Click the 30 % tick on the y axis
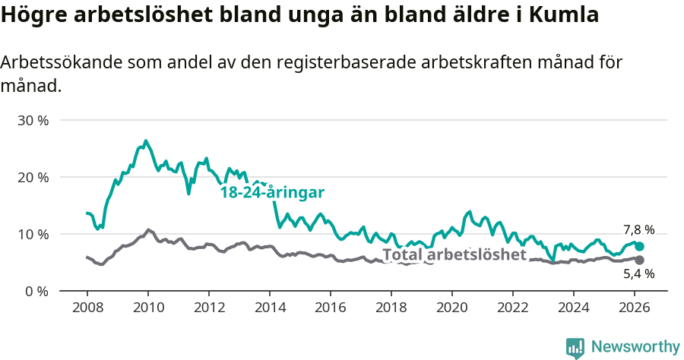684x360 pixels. (x=33, y=121)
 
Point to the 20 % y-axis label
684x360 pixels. (x=33, y=177)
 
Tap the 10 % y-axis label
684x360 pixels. (x=33, y=234)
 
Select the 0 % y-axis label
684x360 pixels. (x=36, y=291)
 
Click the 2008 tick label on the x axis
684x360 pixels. (x=87, y=307)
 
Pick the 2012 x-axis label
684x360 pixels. (x=208, y=307)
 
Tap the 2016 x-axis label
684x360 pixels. (x=330, y=307)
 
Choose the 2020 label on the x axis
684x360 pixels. (x=451, y=307)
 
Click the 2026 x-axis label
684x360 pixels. (x=634, y=307)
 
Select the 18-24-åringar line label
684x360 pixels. (x=272, y=192)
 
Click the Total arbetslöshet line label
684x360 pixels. (x=454, y=254)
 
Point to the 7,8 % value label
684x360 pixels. (x=638, y=229)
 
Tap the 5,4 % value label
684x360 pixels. (x=638, y=273)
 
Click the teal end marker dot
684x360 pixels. (x=639, y=246)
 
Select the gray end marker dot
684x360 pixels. (x=639, y=260)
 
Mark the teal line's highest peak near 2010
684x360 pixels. (x=145, y=141)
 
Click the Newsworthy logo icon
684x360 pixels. (x=575, y=347)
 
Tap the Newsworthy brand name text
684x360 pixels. (x=635, y=347)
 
